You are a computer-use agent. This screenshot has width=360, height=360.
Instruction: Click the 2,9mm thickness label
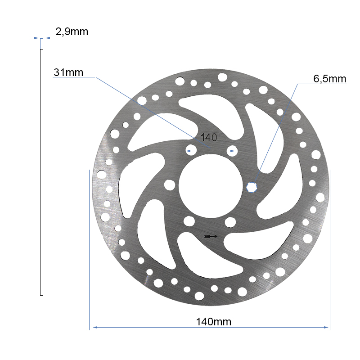(x=72, y=31)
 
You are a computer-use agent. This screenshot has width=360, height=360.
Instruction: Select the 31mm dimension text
(x=68, y=72)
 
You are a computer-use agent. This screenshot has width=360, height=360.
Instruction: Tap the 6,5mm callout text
(x=329, y=79)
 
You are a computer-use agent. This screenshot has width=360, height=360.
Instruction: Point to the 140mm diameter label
(x=213, y=322)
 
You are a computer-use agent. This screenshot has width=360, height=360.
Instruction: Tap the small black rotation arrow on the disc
(x=211, y=236)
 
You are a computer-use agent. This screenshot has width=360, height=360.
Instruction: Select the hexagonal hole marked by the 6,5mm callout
(x=252, y=186)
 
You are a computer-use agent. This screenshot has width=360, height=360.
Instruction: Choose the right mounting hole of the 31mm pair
(x=232, y=150)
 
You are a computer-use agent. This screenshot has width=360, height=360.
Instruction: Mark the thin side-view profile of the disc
(x=42, y=171)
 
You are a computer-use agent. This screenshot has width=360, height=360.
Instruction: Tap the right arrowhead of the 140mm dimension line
(x=327, y=327)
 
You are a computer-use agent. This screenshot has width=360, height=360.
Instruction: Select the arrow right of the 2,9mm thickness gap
(x=49, y=38)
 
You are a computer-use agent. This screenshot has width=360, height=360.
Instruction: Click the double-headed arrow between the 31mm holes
(x=211, y=150)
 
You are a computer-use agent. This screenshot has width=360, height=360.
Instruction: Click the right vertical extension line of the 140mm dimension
(x=330, y=247)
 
